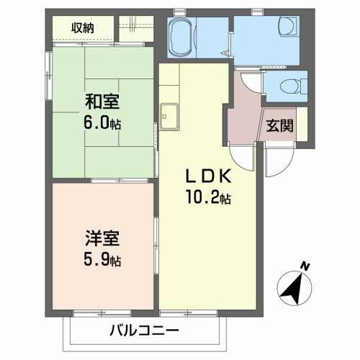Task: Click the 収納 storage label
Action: point(83,28)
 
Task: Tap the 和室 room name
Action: point(102,102)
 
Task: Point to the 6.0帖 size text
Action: point(102,122)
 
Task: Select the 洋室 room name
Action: point(102,238)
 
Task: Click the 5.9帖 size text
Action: point(102,259)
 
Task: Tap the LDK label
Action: point(209,176)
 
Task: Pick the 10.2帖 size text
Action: point(209,197)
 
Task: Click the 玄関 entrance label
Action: point(280,125)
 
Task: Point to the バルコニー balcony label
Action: point(144,330)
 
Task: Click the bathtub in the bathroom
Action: point(182,37)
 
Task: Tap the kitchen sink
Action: point(169,117)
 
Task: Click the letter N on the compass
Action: point(305,266)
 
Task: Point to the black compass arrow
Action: point(292,288)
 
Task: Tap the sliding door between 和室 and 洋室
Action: point(120,181)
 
